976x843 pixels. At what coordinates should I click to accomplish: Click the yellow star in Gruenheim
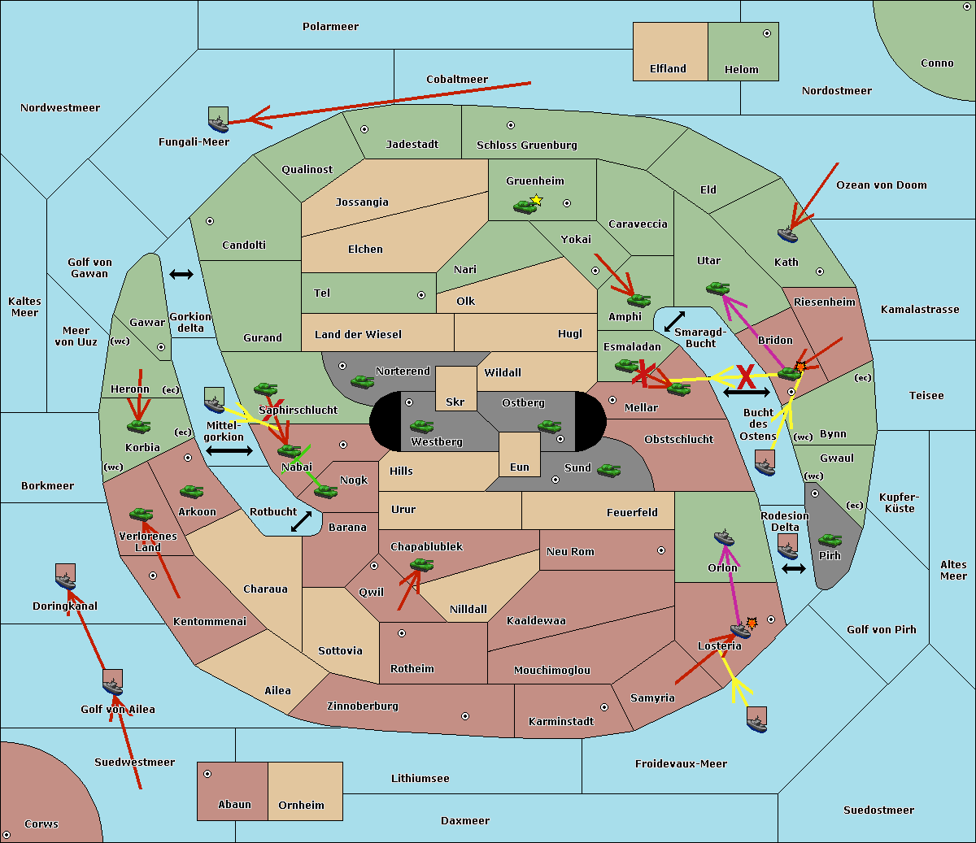tap(536, 200)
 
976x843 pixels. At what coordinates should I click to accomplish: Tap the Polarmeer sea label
tap(330, 27)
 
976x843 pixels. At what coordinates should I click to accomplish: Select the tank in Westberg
tap(421, 426)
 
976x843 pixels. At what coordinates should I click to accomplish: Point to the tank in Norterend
tap(362, 381)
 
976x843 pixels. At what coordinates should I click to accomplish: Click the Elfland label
tap(668, 69)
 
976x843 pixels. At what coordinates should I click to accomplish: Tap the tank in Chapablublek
tap(421, 565)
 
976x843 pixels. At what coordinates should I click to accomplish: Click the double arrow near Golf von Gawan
tap(181, 274)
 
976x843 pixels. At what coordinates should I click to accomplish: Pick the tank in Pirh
tap(830, 541)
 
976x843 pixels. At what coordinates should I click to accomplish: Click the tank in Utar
tap(717, 288)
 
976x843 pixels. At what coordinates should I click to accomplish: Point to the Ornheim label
tap(301, 806)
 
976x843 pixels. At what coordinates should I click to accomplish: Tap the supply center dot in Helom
tap(766, 33)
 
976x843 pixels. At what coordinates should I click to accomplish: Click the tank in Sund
tap(608, 470)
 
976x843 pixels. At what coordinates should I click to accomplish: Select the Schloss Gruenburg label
tap(526, 146)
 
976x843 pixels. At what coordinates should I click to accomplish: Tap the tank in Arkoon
tap(191, 492)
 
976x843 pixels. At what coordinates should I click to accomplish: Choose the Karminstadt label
tap(561, 722)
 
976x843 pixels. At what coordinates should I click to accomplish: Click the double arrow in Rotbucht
tap(301, 521)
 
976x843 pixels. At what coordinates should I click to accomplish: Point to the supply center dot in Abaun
tap(207, 774)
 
